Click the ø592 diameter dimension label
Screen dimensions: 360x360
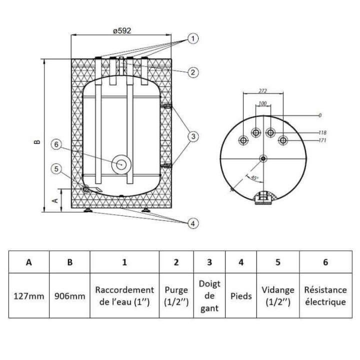(x=122, y=30)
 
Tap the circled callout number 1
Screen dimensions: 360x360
(x=193, y=38)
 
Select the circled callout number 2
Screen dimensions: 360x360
(x=193, y=72)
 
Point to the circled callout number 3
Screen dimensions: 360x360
(x=193, y=136)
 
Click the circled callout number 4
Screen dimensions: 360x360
(x=193, y=223)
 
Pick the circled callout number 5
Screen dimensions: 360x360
(x=56, y=169)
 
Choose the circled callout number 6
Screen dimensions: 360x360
(x=56, y=144)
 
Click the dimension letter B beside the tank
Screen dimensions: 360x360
(x=37, y=142)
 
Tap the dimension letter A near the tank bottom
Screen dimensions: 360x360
(x=55, y=200)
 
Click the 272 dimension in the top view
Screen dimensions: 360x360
(x=262, y=91)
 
